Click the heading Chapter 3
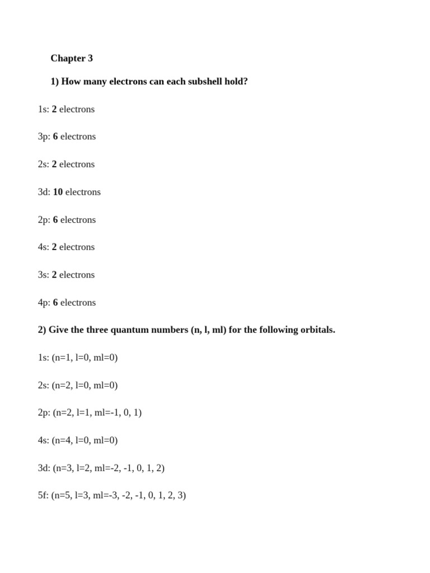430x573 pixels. point(72,58)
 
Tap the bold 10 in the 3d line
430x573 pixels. point(58,192)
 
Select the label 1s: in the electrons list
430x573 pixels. point(44,109)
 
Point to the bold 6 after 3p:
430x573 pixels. point(55,137)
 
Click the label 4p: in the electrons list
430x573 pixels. point(44,303)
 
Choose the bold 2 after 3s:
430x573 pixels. point(54,275)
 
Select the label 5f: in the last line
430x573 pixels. point(44,495)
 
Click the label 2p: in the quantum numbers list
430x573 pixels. point(44,413)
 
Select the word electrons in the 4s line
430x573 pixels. point(77,247)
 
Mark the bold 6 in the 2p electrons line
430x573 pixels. point(55,220)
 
